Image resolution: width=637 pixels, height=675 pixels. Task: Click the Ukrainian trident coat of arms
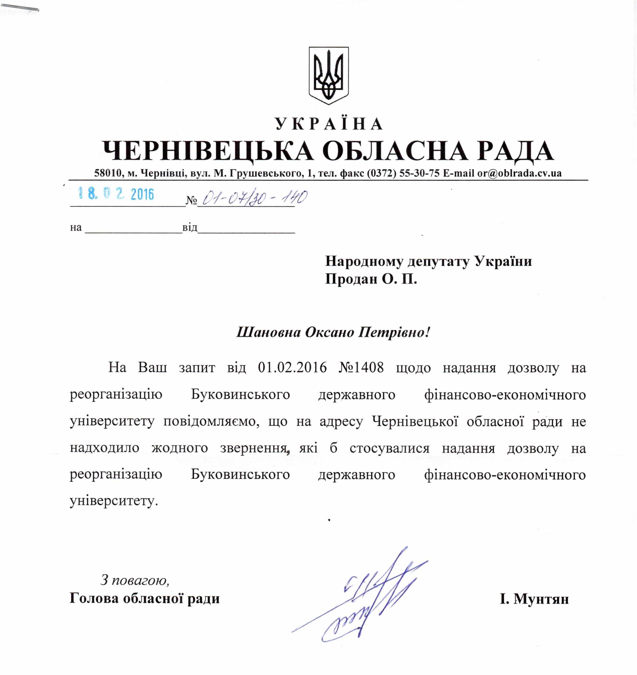pos(328,75)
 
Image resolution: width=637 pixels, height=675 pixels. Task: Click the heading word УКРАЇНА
pos(328,124)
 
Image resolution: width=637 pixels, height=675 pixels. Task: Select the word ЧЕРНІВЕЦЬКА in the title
pos(208,151)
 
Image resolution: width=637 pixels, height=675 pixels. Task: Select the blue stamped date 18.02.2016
pos(116,194)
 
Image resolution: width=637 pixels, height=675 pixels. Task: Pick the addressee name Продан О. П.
pos(371,279)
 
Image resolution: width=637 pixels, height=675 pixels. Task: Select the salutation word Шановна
pos(269,332)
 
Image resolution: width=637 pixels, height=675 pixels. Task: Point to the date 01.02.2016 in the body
pos(292,368)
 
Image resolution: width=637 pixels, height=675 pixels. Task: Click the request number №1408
pos(361,368)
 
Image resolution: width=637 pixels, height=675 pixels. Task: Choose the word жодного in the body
pos(180,448)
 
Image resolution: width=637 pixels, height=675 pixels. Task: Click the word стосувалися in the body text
pos(390,448)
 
